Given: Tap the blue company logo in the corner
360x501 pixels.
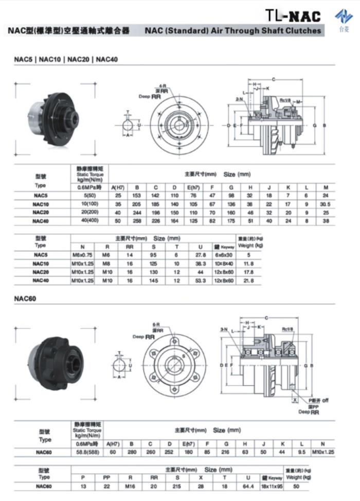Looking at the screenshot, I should (344, 17).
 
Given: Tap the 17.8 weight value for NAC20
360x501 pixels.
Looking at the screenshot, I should (248, 272).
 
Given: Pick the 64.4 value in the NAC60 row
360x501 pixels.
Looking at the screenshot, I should (245, 486).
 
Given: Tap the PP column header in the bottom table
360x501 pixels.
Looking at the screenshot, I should (106, 477).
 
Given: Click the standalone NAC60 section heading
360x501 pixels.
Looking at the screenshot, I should (26, 298).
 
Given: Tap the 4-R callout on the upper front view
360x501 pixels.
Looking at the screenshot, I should (162, 86).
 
